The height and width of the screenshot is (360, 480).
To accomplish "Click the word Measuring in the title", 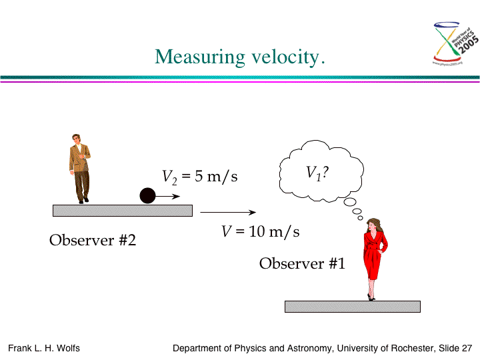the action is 200,57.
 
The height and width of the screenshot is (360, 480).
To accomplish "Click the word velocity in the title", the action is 285,57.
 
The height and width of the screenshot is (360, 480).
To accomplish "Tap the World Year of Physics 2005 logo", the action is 455,43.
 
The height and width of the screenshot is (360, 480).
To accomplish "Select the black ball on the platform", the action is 147,195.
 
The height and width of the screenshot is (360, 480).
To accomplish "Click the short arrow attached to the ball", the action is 168,196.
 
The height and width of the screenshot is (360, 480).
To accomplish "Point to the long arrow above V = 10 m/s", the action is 228,212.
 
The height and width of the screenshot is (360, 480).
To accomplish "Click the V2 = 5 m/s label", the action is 199,177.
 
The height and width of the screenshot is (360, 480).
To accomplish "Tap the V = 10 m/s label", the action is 260,232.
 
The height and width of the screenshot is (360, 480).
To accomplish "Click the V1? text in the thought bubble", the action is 317,173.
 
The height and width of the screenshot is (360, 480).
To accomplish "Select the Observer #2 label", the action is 93,240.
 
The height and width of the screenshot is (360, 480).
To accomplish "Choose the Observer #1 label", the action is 302,263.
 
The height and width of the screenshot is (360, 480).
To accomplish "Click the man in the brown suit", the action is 80,169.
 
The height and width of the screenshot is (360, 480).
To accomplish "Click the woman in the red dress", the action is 375,259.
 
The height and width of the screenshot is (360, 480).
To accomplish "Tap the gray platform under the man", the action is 123,211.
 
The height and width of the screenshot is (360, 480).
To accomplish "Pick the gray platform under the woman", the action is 353,307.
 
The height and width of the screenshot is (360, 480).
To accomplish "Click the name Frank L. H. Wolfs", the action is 44,349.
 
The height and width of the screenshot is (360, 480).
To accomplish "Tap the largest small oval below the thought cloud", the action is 350,202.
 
